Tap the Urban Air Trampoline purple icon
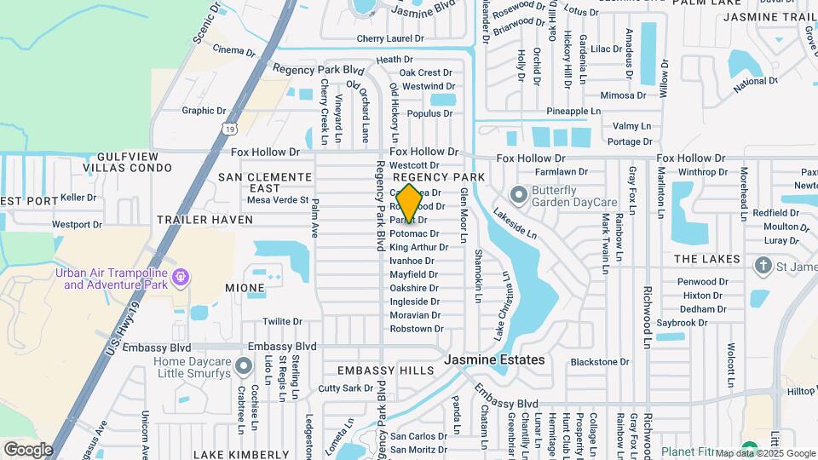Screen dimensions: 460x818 [180, 276]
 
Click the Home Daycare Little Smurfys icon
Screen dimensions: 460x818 [245, 367]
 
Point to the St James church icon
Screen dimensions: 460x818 [763, 266]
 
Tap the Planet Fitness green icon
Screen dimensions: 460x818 [749, 450]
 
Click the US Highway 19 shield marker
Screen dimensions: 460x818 [229, 128]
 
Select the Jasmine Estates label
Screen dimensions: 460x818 [506, 360]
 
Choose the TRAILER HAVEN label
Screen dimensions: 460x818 [204, 220]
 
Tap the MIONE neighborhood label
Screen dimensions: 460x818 [245, 288]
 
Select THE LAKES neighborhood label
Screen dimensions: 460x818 [704, 258]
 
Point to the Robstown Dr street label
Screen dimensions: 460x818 [417, 328]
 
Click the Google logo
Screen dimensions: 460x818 [28, 449]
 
